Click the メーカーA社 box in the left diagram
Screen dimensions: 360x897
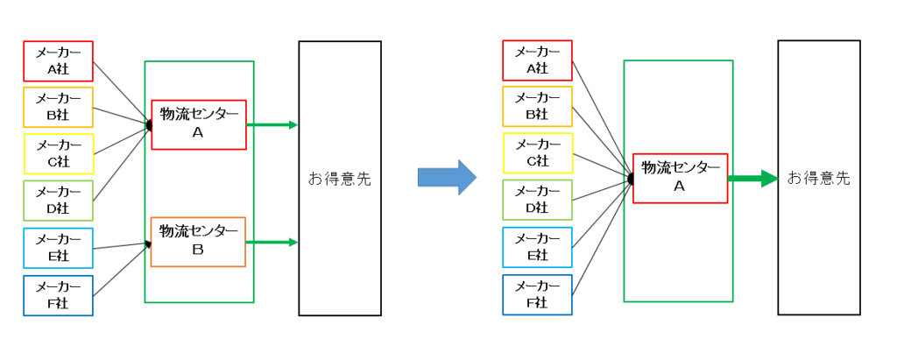point(58,61)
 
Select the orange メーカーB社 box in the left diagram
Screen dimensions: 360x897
point(58,108)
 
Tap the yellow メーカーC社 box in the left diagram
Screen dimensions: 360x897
point(58,154)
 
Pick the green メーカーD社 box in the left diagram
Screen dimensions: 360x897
point(58,201)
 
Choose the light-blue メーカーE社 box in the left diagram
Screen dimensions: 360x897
point(58,248)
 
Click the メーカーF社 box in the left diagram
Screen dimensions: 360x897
point(58,295)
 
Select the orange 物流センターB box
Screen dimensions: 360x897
point(198,241)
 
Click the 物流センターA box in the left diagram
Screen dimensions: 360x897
point(199,124)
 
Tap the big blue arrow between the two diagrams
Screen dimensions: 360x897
point(447,177)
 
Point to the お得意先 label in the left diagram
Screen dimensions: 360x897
point(339,178)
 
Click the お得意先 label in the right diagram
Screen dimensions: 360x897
point(818,178)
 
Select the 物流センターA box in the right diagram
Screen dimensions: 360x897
point(680,178)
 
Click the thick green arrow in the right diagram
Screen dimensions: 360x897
point(752,179)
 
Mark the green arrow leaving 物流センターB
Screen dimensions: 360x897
point(272,243)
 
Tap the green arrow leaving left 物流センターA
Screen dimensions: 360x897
point(272,124)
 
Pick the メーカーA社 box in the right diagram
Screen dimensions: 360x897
point(537,60)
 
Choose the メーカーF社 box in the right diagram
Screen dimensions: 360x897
point(537,294)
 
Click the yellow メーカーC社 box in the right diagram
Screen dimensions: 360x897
point(537,153)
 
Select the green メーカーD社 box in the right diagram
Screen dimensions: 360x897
point(537,201)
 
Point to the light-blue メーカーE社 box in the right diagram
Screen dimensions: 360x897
point(537,248)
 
